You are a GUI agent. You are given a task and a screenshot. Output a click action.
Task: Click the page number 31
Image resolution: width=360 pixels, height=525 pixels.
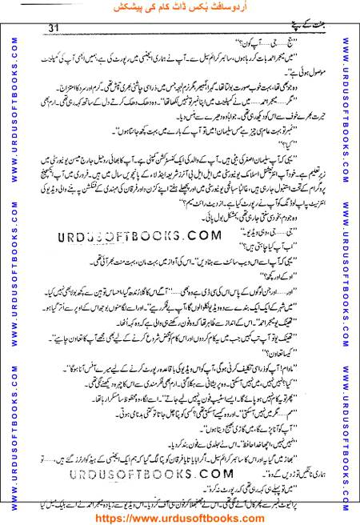click(x=55, y=29)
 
